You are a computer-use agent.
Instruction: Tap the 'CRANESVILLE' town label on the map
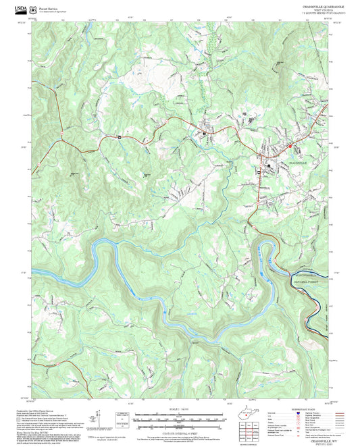(297, 163)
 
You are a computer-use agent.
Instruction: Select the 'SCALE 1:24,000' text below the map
(180, 409)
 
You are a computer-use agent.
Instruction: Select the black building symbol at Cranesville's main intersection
(269, 164)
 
